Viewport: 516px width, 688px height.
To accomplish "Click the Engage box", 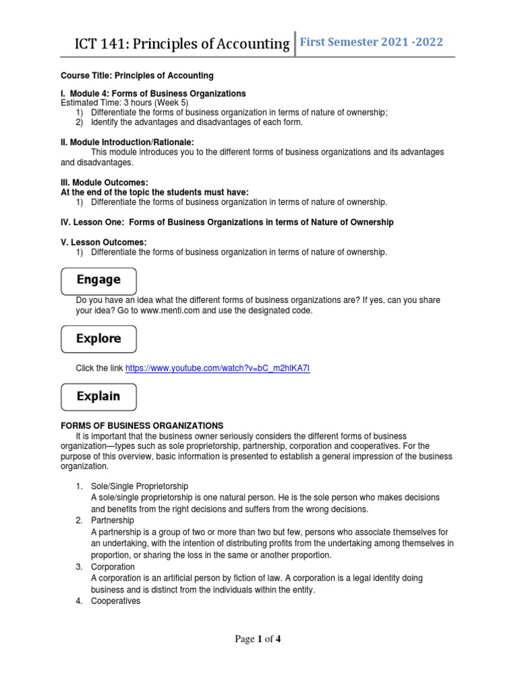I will tap(98, 280).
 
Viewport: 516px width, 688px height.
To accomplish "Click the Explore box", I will tap(98, 339).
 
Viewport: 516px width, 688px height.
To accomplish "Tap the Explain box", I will tap(98, 396).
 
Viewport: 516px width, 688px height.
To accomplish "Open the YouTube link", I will tap(218, 368).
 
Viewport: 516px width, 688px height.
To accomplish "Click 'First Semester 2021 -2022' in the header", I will tap(371, 42).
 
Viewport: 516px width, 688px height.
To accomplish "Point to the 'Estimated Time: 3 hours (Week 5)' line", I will tap(124, 103).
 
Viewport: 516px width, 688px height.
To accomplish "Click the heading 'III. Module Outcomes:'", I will tap(104, 182).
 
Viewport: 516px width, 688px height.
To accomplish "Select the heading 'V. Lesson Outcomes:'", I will tap(103, 242).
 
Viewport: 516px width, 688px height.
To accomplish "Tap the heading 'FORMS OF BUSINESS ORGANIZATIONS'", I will tap(142, 425).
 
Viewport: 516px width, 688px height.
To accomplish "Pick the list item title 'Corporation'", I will tap(113, 566).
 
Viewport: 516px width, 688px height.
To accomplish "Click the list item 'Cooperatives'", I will tap(115, 601).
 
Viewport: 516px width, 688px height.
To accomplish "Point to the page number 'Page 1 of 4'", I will tap(257, 640).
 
